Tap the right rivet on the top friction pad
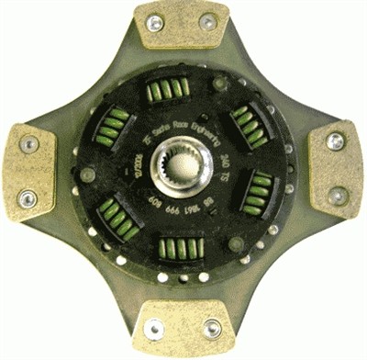tap(207, 23)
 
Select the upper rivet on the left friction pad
tap(28, 144)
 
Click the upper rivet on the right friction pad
tap(337, 141)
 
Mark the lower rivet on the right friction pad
tap(337, 195)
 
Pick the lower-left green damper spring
tap(120, 219)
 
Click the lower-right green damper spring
tap(261, 195)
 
